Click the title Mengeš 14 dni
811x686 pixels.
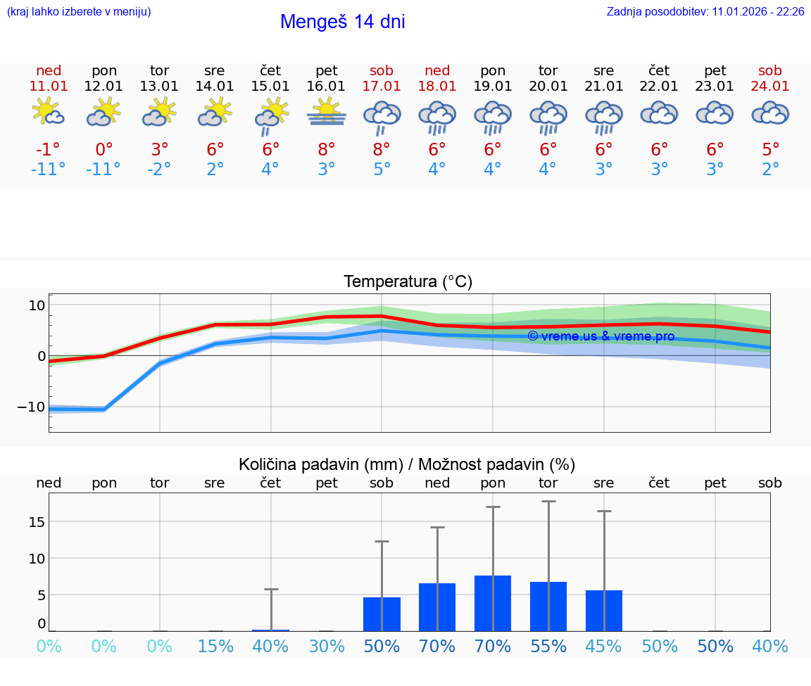[x=342, y=22]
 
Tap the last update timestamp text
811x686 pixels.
[x=705, y=11]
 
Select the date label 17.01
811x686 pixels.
[x=382, y=86]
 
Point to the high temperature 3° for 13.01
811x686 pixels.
[x=160, y=150]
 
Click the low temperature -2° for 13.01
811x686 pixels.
[x=160, y=170]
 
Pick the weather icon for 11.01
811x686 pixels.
[x=49, y=113]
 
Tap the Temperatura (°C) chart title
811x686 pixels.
[x=408, y=281]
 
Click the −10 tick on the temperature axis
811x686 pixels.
[x=32, y=407]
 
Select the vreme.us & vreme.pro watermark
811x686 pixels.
[x=601, y=336]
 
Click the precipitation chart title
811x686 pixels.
[x=407, y=464]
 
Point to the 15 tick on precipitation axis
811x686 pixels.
[x=37, y=521]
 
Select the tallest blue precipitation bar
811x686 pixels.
[x=493, y=603]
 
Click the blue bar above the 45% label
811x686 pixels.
[x=604, y=610]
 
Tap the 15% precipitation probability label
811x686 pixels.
[x=215, y=647]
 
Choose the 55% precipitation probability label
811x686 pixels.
[x=548, y=647]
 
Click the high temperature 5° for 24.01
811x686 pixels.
[x=771, y=150]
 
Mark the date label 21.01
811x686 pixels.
[x=604, y=86]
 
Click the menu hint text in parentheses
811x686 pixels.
[x=79, y=11]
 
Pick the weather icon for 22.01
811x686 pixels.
[x=660, y=113]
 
